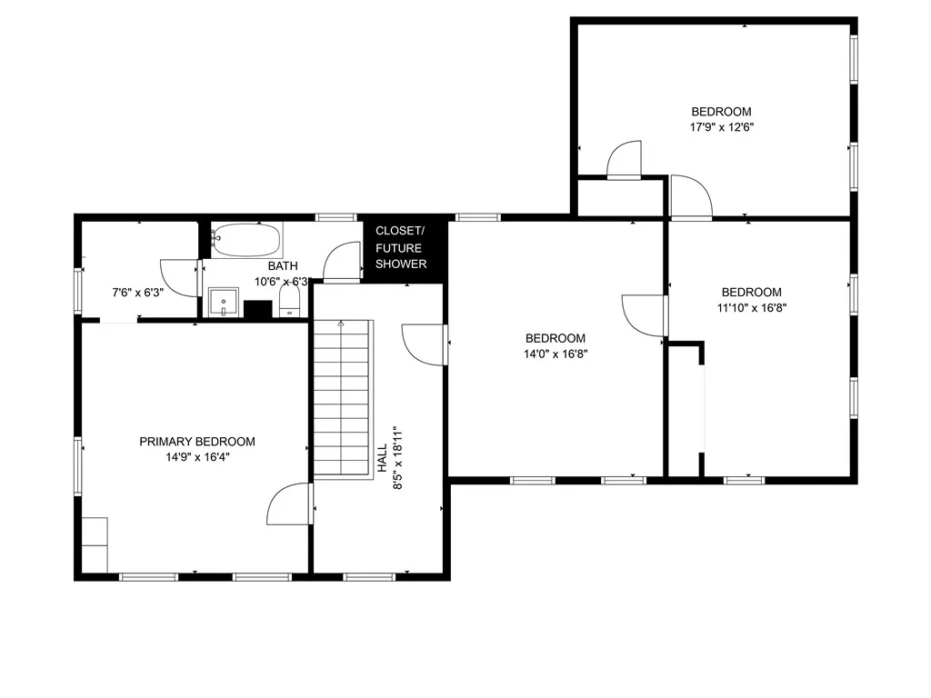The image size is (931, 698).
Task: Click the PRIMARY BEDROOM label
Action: pyautogui.click(x=197, y=442)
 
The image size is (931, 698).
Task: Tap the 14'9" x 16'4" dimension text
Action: pyautogui.click(x=197, y=458)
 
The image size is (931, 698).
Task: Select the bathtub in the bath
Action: pyautogui.click(x=246, y=241)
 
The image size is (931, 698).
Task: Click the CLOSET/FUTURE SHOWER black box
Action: pyautogui.click(x=401, y=247)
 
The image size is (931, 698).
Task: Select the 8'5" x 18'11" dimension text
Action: pyautogui.click(x=397, y=458)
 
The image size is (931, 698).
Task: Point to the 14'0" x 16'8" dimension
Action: pyautogui.click(x=556, y=354)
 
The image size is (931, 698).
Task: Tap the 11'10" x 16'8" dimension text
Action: pyautogui.click(x=752, y=308)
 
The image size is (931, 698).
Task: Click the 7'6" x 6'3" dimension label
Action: pyautogui.click(x=136, y=293)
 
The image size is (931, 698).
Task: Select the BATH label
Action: pyautogui.click(x=282, y=266)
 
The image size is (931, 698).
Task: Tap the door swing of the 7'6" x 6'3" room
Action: pyautogui.click(x=178, y=276)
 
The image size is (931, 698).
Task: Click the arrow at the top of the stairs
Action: pyautogui.click(x=341, y=324)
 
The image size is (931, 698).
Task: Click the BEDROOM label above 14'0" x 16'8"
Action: pyautogui.click(x=556, y=338)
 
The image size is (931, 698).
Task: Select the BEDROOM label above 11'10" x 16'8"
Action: pyautogui.click(x=752, y=292)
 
